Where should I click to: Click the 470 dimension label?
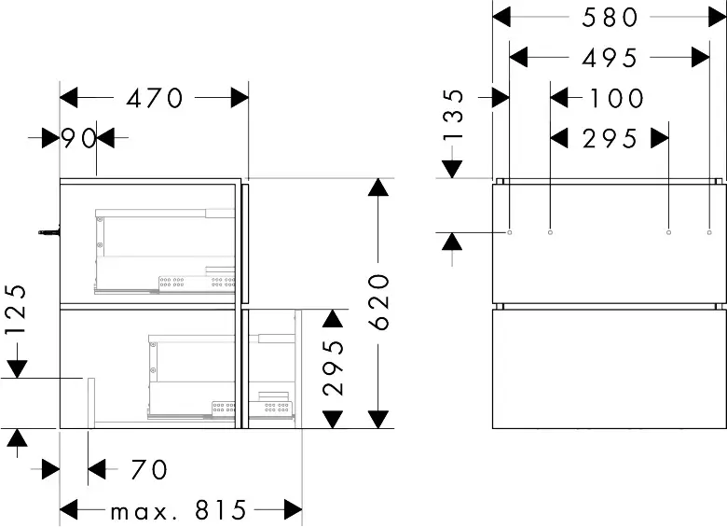tap(155, 98)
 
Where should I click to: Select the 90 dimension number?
tap(78, 138)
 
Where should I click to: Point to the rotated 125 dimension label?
tap(15, 310)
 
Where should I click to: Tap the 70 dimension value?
tap(149, 469)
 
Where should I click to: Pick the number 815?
tap(221, 510)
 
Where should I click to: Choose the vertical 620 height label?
tap(379, 302)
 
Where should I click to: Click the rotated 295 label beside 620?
tap(334, 368)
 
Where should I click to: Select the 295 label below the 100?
tap(610, 139)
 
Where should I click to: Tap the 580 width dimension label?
tap(610, 18)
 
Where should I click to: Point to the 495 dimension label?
tap(610, 58)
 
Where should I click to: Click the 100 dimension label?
tap(616, 98)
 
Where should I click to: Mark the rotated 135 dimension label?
tap(453, 115)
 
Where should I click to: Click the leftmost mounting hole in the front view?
tap(510, 232)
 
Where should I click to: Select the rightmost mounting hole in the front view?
tap(709, 232)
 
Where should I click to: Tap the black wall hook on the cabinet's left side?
tap(49, 231)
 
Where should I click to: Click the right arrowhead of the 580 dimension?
tap(717, 17)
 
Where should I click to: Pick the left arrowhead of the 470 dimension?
tap(69, 98)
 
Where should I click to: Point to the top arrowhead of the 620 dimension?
tap(379, 187)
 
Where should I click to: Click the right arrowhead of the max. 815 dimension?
tap(294, 510)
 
